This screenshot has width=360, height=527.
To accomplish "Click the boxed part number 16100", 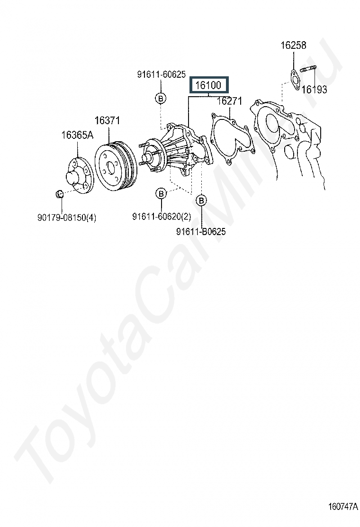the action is click(208, 85).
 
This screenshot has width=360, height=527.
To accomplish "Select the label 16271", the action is click(229, 101).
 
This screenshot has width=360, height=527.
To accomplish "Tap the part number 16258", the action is click(293, 45).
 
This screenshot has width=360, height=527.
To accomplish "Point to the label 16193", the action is click(314, 90).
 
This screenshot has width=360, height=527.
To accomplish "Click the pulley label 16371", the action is click(107, 120).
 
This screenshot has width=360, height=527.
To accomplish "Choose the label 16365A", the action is click(77, 135).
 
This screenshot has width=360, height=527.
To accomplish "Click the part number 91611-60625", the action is click(161, 74).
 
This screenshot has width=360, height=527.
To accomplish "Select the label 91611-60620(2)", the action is click(162, 217).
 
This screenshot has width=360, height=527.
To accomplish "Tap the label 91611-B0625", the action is click(201, 232).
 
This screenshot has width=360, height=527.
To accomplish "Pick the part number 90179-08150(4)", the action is click(67, 218).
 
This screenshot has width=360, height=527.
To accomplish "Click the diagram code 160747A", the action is click(343, 507).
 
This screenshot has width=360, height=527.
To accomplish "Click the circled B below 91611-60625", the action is click(161, 99).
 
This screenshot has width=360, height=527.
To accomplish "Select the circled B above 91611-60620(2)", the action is click(161, 193).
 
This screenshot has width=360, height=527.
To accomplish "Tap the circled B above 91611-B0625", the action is click(201, 200).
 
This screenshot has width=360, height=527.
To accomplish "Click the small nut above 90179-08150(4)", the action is click(60, 194).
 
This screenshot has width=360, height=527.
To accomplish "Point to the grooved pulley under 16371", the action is click(116, 166).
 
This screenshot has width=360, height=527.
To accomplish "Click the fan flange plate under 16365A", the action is click(80, 174).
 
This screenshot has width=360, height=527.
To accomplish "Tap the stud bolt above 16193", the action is click(308, 70).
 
